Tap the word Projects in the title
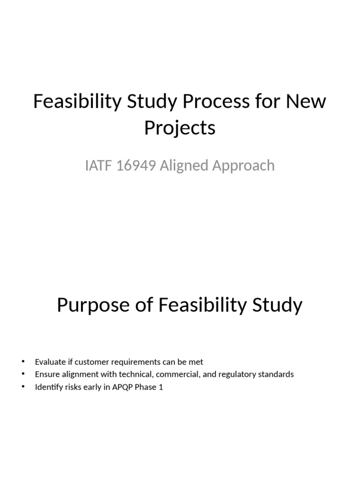click(x=180, y=127)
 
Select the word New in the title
click(x=306, y=101)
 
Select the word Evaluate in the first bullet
click(x=48, y=362)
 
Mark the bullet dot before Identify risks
click(x=22, y=387)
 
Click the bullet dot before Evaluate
click(x=22, y=362)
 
